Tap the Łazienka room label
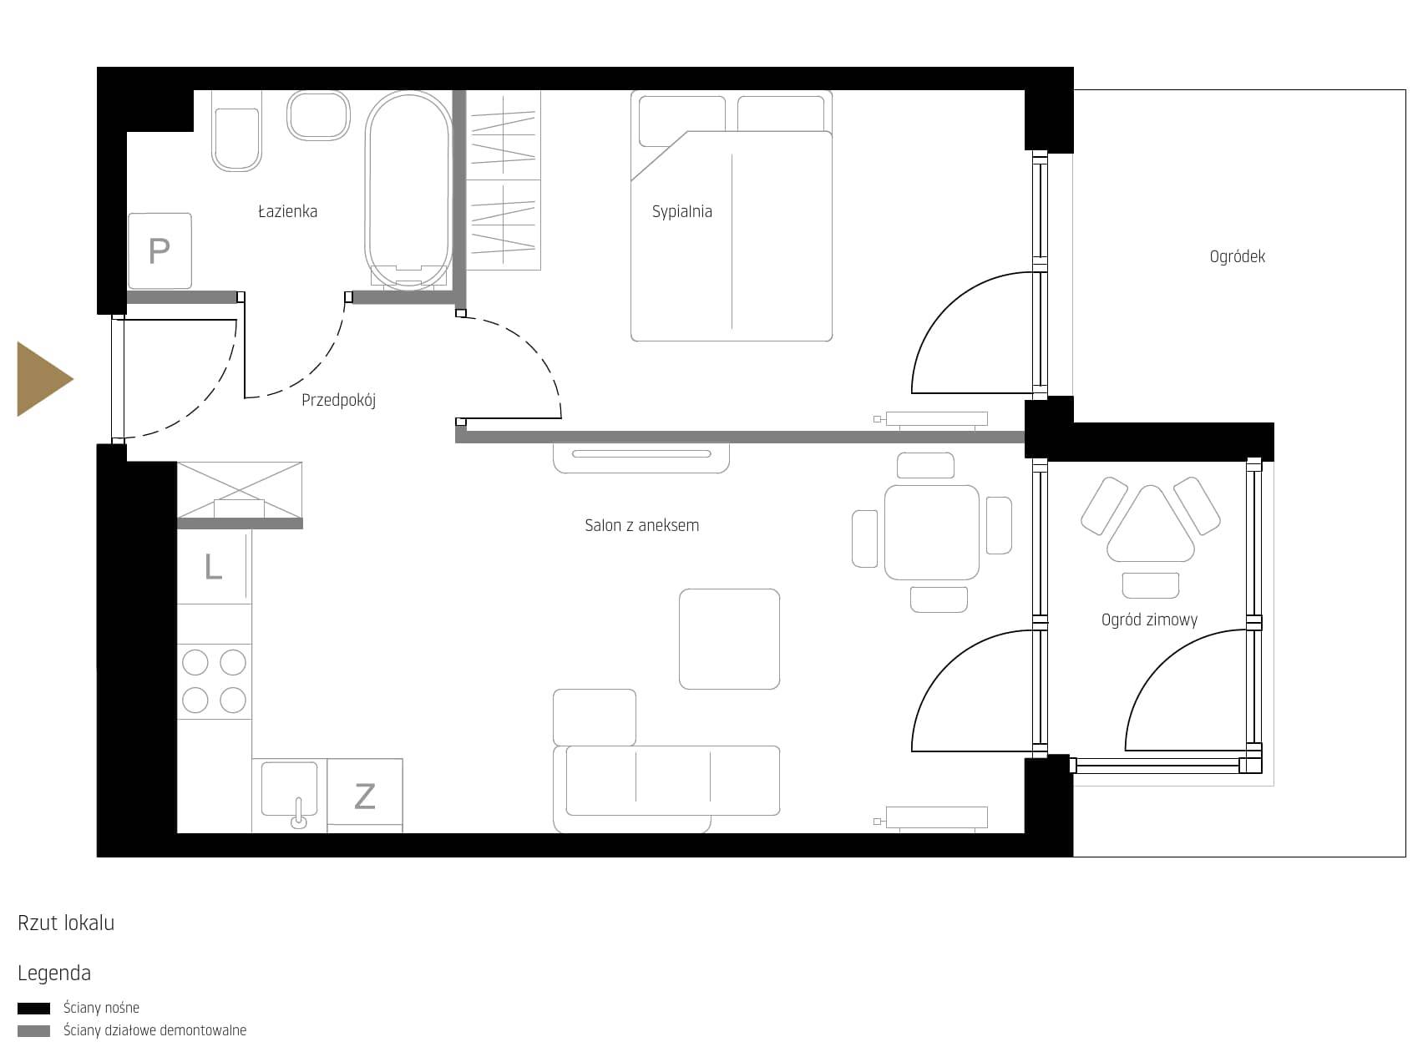click(287, 211)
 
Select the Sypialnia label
click(681, 211)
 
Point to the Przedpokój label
click(338, 400)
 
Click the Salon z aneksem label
click(642, 525)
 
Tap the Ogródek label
click(1238, 256)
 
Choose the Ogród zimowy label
click(1149, 620)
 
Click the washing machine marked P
click(160, 251)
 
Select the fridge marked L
click(214, 566)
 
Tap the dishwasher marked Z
click(365, 796)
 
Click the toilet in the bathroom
click(236, 131)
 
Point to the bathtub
click(408, 190)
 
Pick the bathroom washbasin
click(318, 115)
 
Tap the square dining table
click(931, 532)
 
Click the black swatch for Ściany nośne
click(33, 1009)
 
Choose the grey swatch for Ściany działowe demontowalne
click(33, 1031)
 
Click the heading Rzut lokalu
click(66, 923)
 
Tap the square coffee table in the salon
click(729, 639)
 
